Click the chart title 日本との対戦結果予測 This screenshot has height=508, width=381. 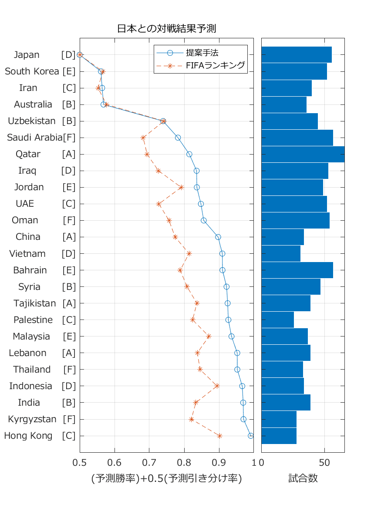tap(167, 29)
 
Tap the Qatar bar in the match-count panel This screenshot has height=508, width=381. tap(303, 154)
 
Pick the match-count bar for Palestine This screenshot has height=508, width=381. tap(278, 320)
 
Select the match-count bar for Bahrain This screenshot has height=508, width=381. tap(297, 270)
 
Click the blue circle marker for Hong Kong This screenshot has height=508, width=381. tap(251, 436)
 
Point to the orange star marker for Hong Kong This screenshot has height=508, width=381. tap(219, 436)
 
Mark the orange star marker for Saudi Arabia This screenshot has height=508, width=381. tap(143, 138)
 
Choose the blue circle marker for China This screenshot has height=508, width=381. tap(218, 237)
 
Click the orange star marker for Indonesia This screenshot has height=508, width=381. tap(217, 386)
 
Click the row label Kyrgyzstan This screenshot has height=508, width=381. tap(32, 419)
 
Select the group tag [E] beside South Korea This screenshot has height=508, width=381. tap(69, 71)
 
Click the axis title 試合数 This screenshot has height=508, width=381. tap(303, 478)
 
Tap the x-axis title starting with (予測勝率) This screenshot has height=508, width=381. tap(166, 478)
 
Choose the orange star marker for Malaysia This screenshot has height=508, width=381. tap(209, 336)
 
